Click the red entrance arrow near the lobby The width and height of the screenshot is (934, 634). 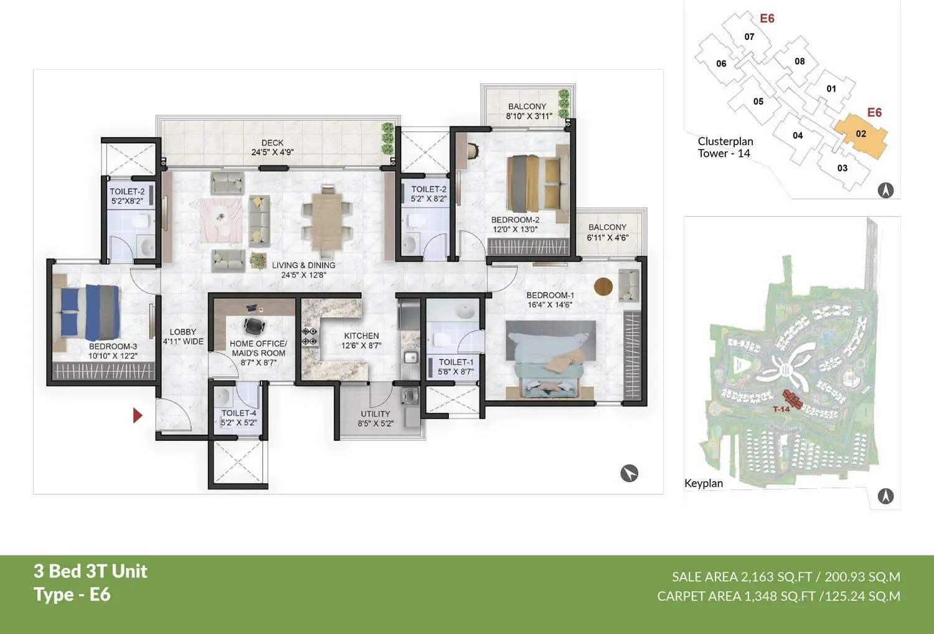[x=138, y=415]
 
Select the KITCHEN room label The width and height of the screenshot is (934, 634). [x=361, y=336]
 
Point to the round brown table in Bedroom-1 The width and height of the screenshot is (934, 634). [x=603, y=286]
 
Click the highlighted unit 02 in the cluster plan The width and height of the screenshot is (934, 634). [x=861, y=135]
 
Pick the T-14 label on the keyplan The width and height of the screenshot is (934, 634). [x=781, y=409]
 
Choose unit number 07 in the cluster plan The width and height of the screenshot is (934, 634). [x=749, y=37]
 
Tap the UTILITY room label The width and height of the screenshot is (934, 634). [x=375, y=414]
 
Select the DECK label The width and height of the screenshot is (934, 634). [x=272, y=143]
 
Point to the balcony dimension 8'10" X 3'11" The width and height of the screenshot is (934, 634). [x=529, y=116]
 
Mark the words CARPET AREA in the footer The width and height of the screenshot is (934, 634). [x=699, y=596]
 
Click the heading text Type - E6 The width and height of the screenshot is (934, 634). [x=72, y=594]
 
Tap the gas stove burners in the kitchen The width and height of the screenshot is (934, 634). [x=309, y=336]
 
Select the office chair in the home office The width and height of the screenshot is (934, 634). [x=253, y=325]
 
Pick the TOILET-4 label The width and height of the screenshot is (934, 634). [x=238, y=413]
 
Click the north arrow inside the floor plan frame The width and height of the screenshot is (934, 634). [x=630, y=473]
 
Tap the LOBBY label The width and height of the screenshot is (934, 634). [x=182, y=332]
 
